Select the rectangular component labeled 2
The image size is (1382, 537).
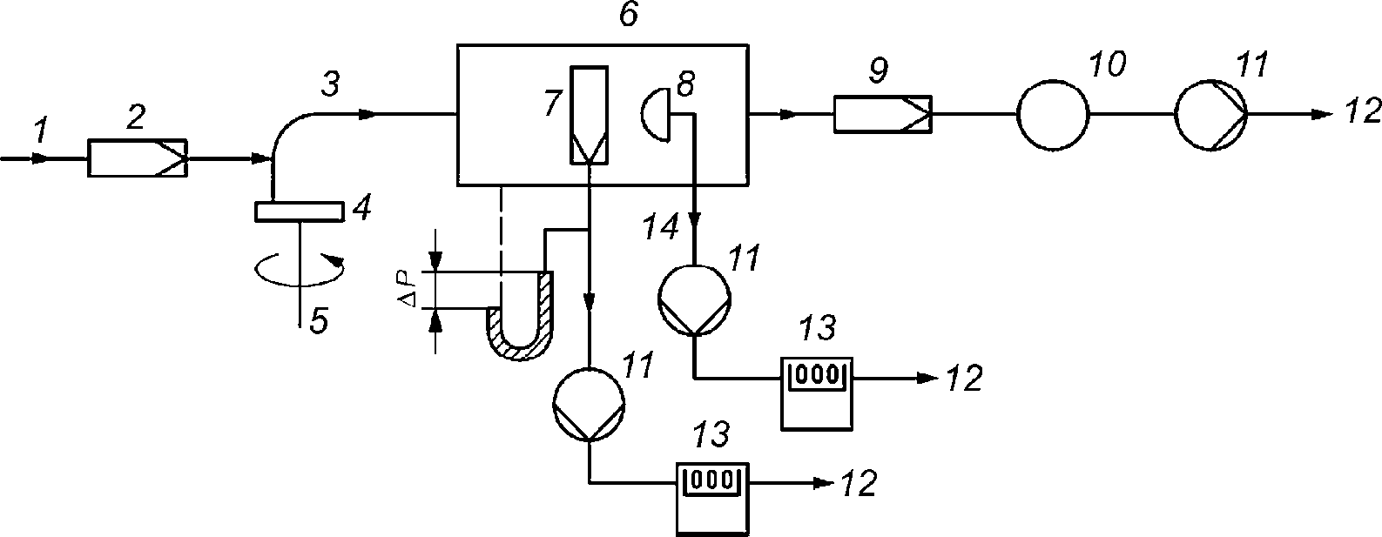coord(138,158)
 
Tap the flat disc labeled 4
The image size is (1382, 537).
coord(299,211)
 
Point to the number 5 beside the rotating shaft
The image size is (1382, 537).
coord(319,320)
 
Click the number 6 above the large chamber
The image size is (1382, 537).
coord(628,15)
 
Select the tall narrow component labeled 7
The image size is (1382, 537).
coord(589,115)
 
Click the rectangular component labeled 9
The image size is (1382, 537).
coord(883,114)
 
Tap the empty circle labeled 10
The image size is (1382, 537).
coord(1053,114)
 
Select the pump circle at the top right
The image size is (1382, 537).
coord(1210,114)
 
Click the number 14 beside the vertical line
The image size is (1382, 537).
coord(659,226)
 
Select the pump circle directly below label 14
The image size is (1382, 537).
coord(695,301)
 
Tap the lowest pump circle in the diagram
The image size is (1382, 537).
coord(590,405)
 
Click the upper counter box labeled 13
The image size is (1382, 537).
coord(817,393)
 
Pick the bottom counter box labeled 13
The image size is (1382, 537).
coord(712,499)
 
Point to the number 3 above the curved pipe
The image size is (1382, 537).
coord(331,84)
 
